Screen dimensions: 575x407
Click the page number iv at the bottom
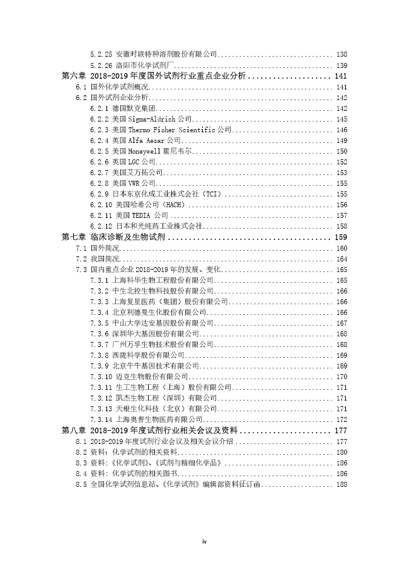coord(203,541)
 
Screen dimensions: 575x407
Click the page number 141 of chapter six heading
coord(340,76)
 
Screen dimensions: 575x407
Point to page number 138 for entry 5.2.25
coord(342,55)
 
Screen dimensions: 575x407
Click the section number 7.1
coord(81,248)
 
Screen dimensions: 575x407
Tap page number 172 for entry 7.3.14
coord(342,419)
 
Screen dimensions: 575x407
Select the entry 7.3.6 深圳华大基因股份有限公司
coord(155,334)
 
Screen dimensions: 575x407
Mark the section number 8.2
coord(81,452)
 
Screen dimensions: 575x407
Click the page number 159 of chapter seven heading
coord(340,237)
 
